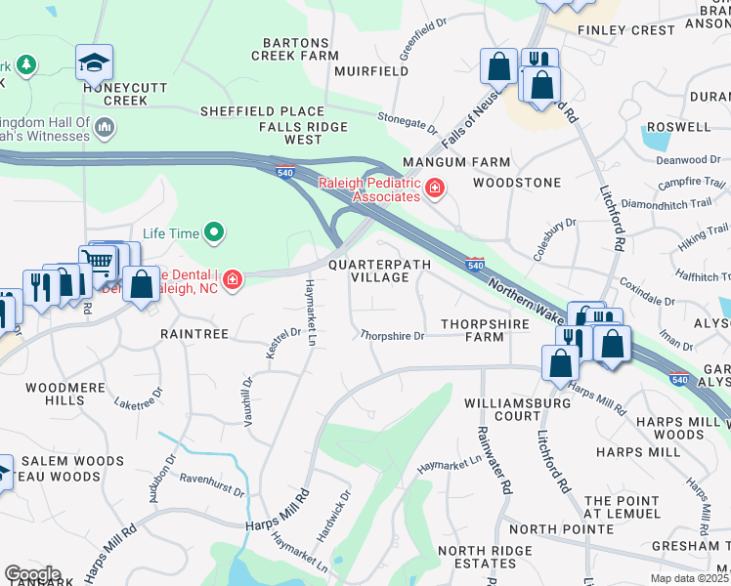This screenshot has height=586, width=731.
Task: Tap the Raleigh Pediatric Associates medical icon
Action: coord(434,189)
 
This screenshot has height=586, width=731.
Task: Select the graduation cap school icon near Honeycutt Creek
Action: coord(94,63)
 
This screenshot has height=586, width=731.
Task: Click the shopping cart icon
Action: coord(97,260)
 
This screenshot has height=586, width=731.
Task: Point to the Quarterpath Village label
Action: coord(367,271)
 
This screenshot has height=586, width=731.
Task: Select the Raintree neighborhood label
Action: coord(194,333)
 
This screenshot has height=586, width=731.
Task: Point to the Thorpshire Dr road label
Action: coord(392,336)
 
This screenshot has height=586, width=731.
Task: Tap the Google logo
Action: coord(32,574)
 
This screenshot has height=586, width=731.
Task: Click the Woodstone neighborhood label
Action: coord(517,183)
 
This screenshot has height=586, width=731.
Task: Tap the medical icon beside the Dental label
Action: coord(232,281)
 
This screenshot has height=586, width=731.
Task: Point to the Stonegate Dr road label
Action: coord(408,121)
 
